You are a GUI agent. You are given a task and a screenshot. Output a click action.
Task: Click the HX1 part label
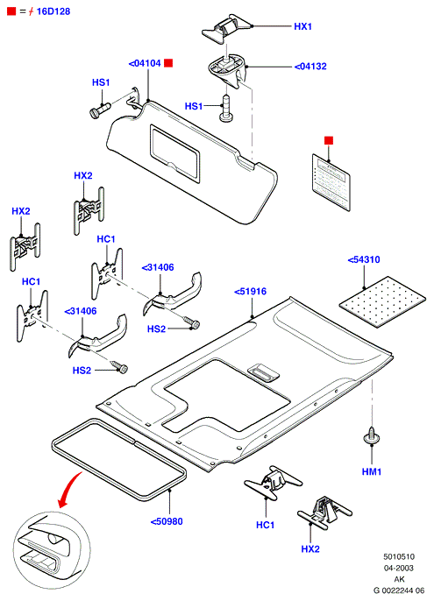tap(302, 26)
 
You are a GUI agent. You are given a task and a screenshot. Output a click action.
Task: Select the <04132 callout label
tap(310, 67)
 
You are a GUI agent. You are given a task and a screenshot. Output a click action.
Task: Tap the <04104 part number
tap(145, 63)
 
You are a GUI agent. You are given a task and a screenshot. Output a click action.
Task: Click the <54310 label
tap(364, 259)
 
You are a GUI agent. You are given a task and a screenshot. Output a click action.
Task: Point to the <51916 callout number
tap(250, 291)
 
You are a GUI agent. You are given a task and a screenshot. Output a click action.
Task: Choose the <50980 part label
tap(167, 521)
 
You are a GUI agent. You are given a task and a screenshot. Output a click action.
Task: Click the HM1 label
tap(372, 471)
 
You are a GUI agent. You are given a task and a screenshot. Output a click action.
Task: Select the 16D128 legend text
tap(53, 11)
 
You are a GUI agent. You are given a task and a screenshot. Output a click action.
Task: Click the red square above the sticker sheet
tap(329, 140)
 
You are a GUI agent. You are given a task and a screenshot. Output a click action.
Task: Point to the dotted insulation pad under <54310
tap(382, 301)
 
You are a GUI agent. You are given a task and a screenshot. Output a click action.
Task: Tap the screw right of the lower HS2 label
tap(119, 366)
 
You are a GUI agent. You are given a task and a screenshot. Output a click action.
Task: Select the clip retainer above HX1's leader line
tap(226, 28)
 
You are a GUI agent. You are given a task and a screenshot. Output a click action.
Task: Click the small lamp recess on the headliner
tap(263, 372)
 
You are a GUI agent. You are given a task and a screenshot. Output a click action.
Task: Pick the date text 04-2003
tap(399, 568)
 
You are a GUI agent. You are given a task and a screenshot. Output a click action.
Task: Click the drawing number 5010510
tap(399, 556)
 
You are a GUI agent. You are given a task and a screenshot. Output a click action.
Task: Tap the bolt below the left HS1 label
tap(100, 110)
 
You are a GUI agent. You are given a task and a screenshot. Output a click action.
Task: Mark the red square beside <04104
tap(168, 63)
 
